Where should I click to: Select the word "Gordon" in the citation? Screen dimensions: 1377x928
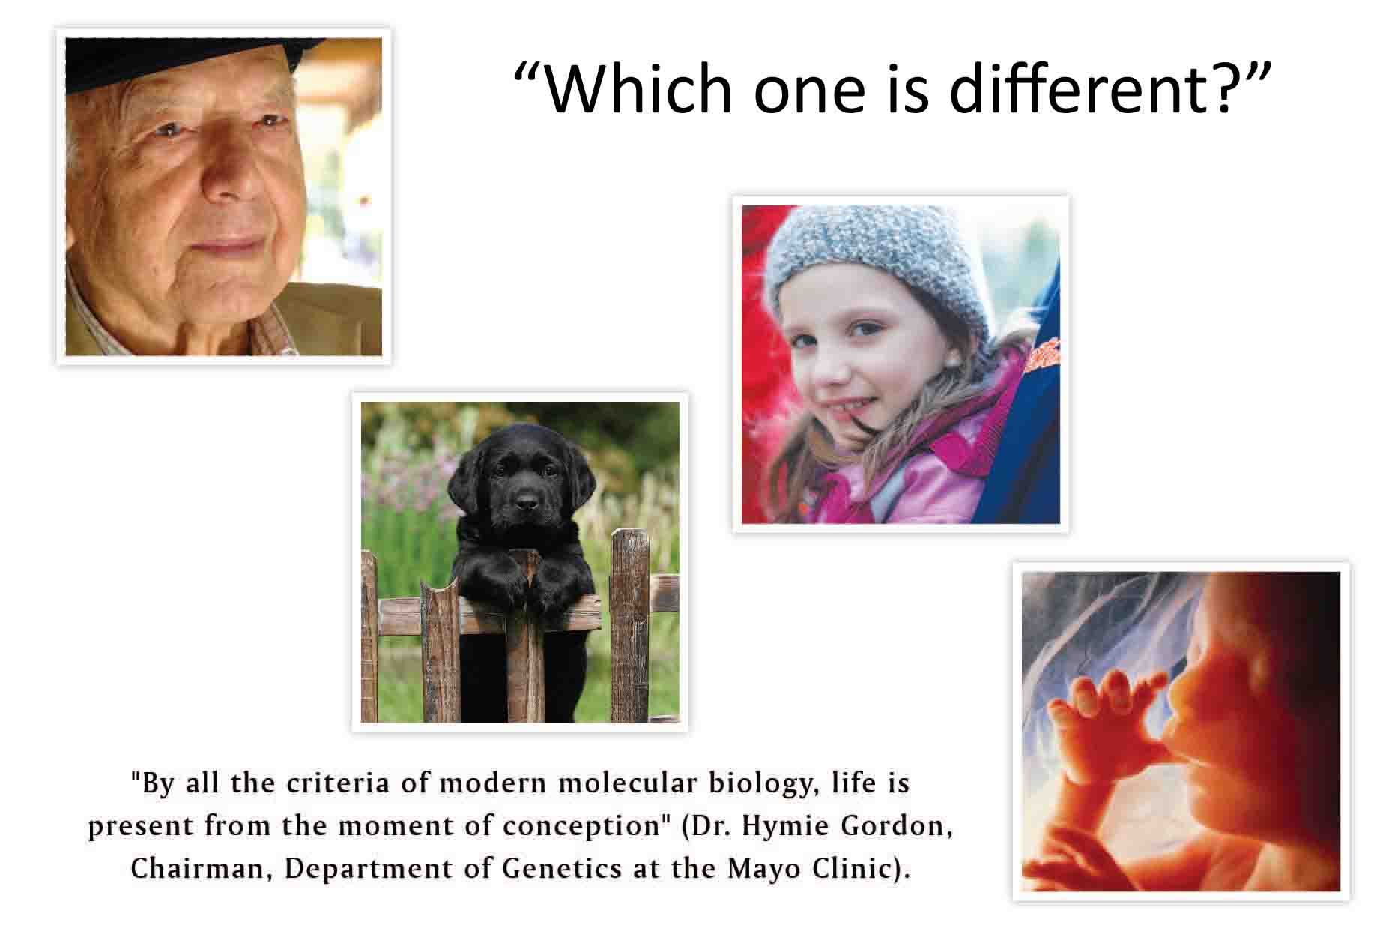[x=896, y=826]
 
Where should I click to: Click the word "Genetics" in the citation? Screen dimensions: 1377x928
[x=562, y=869]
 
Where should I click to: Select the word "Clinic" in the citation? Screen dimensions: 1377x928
[x=858, y=869]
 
